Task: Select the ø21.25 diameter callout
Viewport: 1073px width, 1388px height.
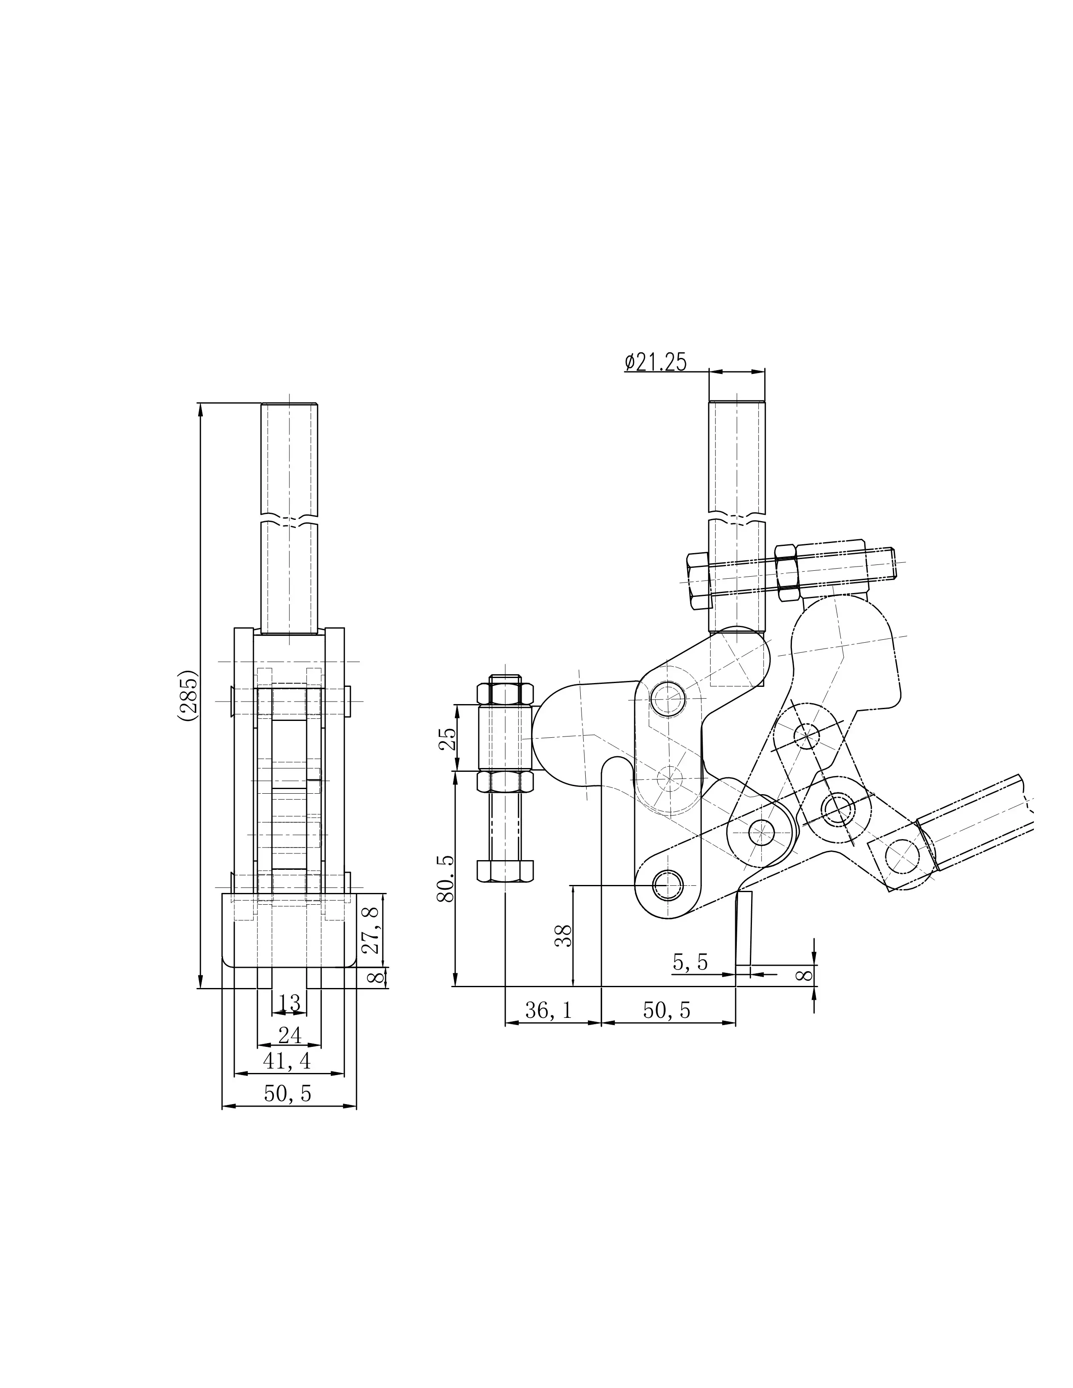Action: (656, 362)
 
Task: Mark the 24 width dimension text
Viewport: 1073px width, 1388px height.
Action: (289, 1035)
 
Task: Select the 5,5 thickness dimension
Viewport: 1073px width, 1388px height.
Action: (691, 963)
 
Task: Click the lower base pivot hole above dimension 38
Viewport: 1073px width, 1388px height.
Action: (667, 885)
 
